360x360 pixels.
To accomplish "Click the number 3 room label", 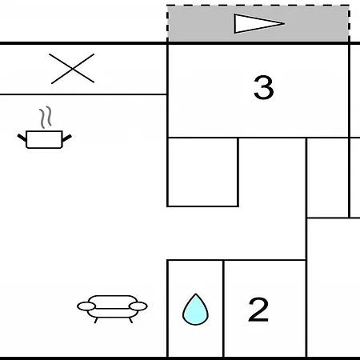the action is coord(263,87).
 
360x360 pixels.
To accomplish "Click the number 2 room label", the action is coord(258,310).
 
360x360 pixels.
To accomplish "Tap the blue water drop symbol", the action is coord(195,310).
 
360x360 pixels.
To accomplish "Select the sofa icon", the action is coord(112,309).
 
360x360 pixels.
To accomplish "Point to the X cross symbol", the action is coord(72,69).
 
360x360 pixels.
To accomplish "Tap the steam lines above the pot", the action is coord(46,117).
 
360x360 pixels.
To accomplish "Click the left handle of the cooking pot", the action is coord(22,138).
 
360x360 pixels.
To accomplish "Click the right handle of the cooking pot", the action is coord(67,138).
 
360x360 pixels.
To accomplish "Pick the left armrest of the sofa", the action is coord(86,306).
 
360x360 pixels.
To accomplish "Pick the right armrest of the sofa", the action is coord(138,306).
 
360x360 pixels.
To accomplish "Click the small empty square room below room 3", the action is coord(202,172).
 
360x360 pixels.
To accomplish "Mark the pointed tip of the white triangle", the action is coord(284,24).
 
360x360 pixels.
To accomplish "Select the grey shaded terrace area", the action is coord(258,23).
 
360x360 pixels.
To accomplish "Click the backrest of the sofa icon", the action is coord(112,302).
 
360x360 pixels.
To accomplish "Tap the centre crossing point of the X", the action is coord(72,69).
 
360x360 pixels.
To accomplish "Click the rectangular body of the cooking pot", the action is coord(44,139).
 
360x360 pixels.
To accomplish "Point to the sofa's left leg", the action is coord(96,320).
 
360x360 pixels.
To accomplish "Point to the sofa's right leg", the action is coord(130,320).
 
